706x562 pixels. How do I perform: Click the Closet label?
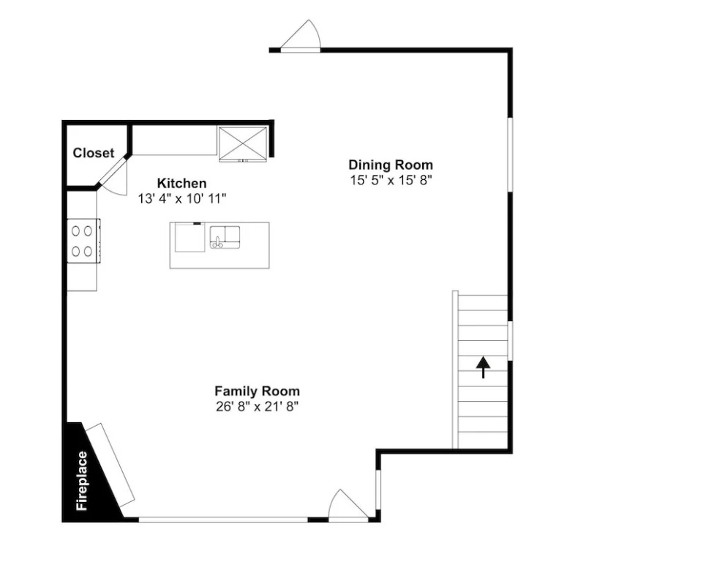click(x=94, y=153)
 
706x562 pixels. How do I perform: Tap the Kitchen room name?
click(x=182, y=183)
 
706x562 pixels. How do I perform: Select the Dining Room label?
click(x=391, y=165)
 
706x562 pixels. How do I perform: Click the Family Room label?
click(x=257, y=391)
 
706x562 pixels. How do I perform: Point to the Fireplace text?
click(x=82, y=481)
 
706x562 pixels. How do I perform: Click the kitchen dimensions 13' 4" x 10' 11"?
click(x=182, y=198)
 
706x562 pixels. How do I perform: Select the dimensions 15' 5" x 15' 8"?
click(x=391, y=180)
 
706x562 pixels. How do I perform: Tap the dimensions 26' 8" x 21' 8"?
click(x=257, y=407)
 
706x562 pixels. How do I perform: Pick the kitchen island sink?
click(x=225, y=237)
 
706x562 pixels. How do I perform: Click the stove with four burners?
click(x=83, y=241)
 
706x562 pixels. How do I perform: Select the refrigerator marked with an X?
click(x=243, y=143)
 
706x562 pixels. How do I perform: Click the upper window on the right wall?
click(x=510, y=155)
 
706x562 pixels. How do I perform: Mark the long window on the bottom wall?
click(x=223, y=520)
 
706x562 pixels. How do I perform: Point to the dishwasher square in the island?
click(x=190, y=237)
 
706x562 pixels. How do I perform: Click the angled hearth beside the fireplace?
click(x=110, y=465)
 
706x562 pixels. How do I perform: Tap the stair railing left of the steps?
click(x=455, y=370)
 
